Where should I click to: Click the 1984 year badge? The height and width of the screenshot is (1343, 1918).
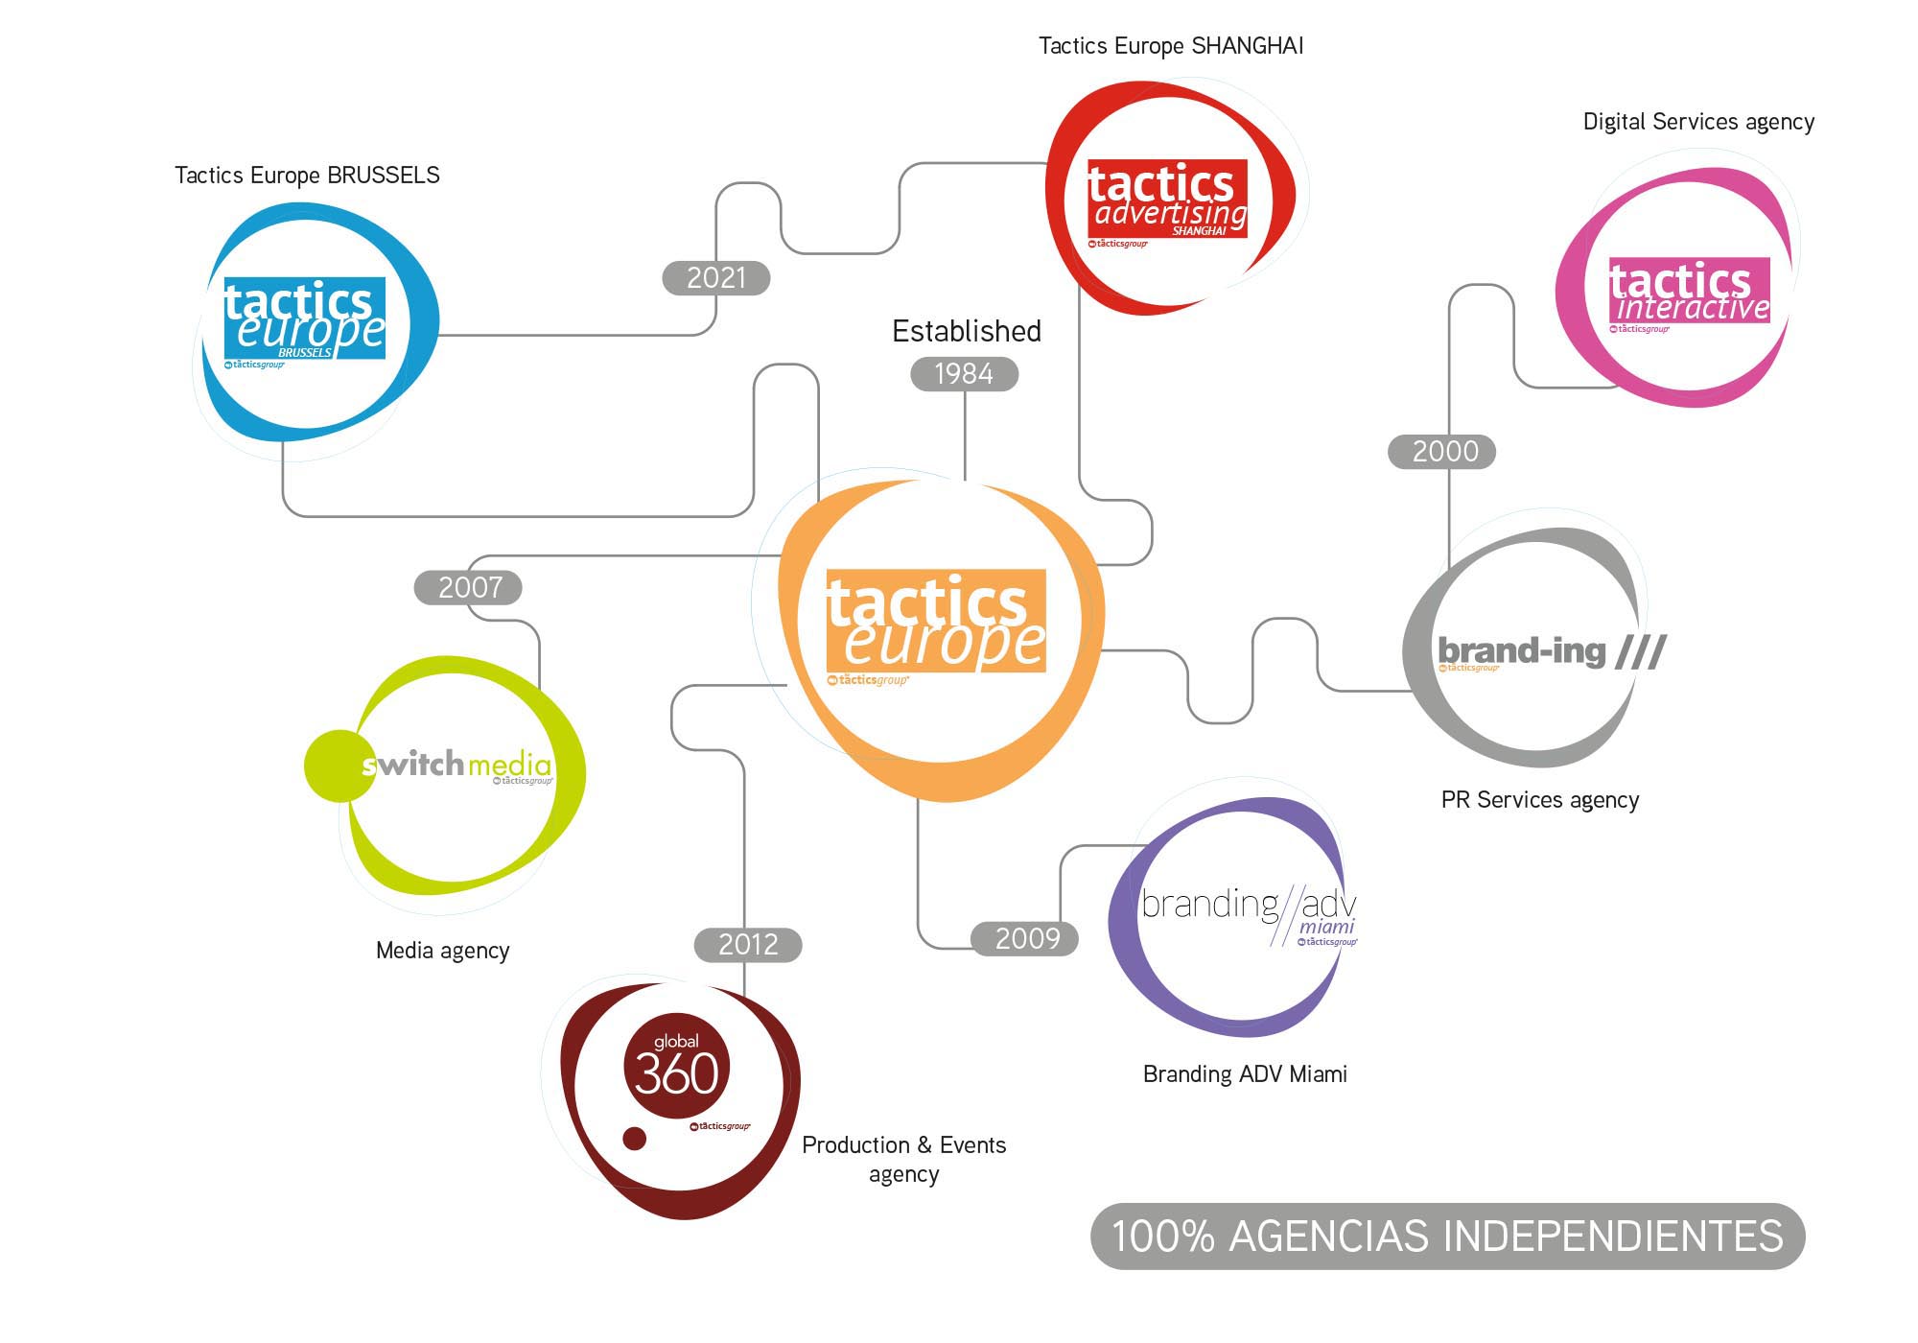pyautogui.click(x=964, y=374)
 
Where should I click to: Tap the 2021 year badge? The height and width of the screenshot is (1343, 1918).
pyautogui.click(x=716, y=278)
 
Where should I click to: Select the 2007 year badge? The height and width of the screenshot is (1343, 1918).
pyautogui.click(x=468, y=587)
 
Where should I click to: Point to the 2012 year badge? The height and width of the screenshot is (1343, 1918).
pyautogui.click(x=747, y=945)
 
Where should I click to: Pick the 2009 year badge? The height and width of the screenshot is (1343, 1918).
pyautogui.click(x=1025, y=938)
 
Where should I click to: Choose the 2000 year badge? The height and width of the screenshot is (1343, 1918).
pyautogui.click(x=1442, y=451)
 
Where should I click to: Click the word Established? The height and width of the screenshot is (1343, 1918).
pyautogui.click(x=966, y=331)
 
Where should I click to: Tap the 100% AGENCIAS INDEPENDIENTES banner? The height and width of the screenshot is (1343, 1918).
pyautogui.click(x=1447, y=1237)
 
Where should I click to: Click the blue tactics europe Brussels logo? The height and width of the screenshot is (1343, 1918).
pyautogui.click(x=304, y=318)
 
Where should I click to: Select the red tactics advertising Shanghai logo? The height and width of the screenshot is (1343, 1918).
pyautogui.click(x=1167, y=199)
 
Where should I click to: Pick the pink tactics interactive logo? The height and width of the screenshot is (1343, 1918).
pyautogui.click(x=1689, y=291)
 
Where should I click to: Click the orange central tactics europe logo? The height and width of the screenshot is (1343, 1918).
pyautogui.click(x=936, y=622)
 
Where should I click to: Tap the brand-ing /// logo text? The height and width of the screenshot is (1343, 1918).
pyautogui.click(x=1551, y=651)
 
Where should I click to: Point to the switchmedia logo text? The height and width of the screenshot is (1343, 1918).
pyautogui.click(x=456, y=765)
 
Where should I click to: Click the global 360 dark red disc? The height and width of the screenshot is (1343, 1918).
pyautogui.click(x=676, y=1065)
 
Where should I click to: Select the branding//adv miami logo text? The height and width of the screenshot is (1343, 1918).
pyautogui.click(x=1248, y=907)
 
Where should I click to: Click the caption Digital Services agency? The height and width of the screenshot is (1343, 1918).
pyautogui.click(x=1698, y=122)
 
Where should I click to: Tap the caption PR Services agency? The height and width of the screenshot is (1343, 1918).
pyautogui.click(x=1539, y=800)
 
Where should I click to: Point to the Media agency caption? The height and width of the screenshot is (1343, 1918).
pyautogui.click(x=442, y=951)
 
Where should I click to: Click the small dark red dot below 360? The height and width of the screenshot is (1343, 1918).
pyautogui.click(x=634, y=1139)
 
